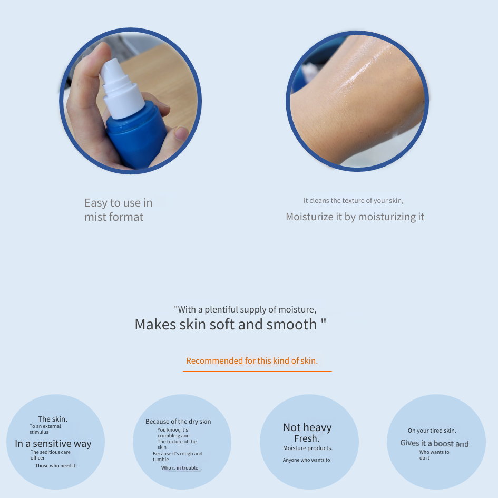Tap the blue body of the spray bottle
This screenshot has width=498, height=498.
(137, 136)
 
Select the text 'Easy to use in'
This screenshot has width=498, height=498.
(119, 203)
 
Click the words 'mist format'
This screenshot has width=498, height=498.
(114, 217)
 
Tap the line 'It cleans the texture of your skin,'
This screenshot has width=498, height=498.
(353, 200)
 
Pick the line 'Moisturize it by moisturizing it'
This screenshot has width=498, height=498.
(355, 217)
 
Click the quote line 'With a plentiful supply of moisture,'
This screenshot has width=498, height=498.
(245, 309)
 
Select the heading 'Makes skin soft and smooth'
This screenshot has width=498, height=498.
(226, 324)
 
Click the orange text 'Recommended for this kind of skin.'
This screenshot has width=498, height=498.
(252, 361)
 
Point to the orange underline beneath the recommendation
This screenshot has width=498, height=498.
(257, 371)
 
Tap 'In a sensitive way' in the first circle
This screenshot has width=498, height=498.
(53, 443)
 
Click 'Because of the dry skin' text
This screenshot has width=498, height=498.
(178, 422)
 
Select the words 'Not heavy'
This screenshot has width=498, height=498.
(307, 427)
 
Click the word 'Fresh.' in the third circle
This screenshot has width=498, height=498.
(307, 438)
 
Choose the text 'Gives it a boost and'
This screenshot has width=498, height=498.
(434, 443)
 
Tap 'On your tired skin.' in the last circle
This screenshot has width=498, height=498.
(432, 431)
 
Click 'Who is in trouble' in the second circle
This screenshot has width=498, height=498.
(180, 468)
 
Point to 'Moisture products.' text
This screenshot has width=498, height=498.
(308, 448)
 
